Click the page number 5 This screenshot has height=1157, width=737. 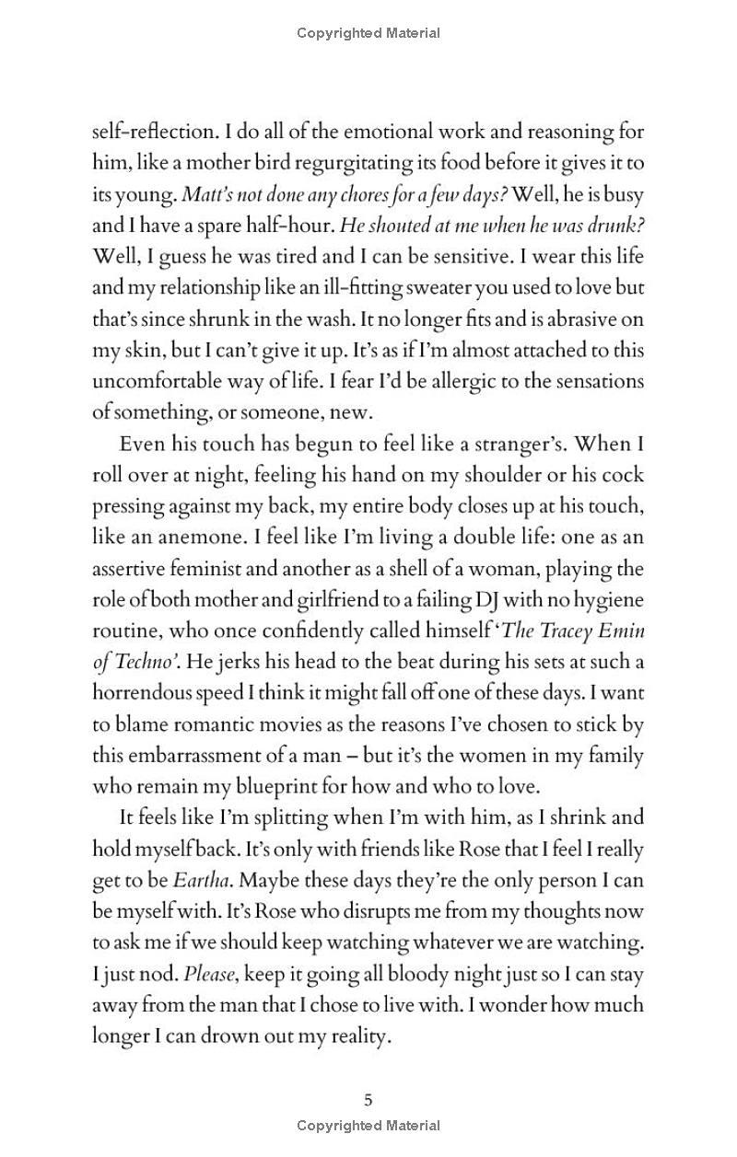[368, 1100]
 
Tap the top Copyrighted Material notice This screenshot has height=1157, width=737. [368, 33]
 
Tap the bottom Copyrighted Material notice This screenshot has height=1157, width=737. [368, 1126]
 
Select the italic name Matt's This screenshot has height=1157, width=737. [206, 195]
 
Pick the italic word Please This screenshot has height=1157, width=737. [210, 974]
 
